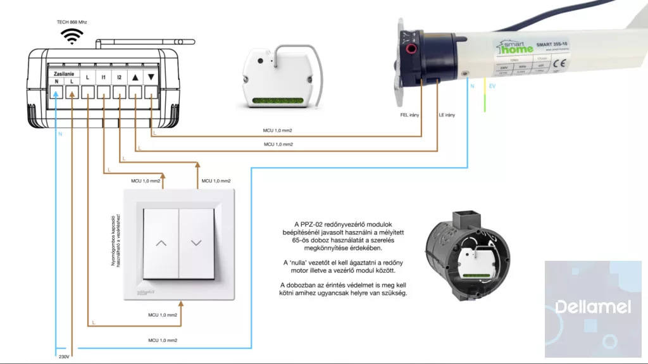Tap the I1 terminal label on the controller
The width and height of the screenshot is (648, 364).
pos(103,78)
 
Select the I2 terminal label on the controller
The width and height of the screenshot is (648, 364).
pos(119,78)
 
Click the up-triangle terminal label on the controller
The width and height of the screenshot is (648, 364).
pos(135,78)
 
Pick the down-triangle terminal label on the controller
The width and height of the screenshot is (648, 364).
pos(151,78)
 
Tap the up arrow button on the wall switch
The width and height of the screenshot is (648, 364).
pos(161,243)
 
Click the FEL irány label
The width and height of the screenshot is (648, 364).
pos(409,115)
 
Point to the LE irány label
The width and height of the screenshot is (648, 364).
pos(447,115)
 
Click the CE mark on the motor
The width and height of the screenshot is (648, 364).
pos(559,63)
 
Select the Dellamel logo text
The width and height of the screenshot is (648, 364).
pos(592,308)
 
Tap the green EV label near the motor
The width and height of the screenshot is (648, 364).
pos(492,84)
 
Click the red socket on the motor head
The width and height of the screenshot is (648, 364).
pos(412,48)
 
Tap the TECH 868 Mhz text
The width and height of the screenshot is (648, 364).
pos(72,22)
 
